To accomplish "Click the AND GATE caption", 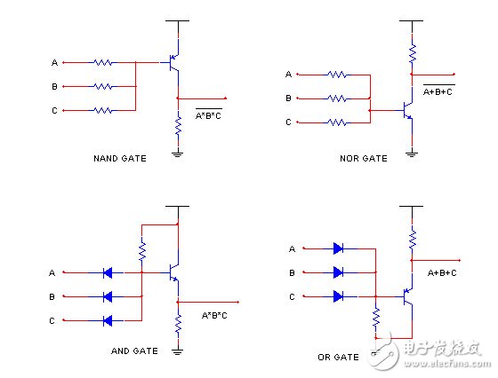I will tap(134, 351).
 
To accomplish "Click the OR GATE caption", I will tap(337, 357).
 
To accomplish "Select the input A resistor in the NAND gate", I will tap(103, 63).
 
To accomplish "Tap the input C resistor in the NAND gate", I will tap(103, 110).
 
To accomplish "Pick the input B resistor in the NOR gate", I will tap(338, 98).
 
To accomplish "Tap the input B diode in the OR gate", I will tap(340, 272).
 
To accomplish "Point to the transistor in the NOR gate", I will tap(407, 111).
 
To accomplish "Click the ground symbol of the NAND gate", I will tap(178, 153).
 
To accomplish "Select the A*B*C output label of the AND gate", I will tap(216, 315).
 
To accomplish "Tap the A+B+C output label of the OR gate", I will tap(444, 273).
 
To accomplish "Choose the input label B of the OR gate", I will tap(292, 273).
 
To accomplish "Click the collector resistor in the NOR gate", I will tap(411, 53).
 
